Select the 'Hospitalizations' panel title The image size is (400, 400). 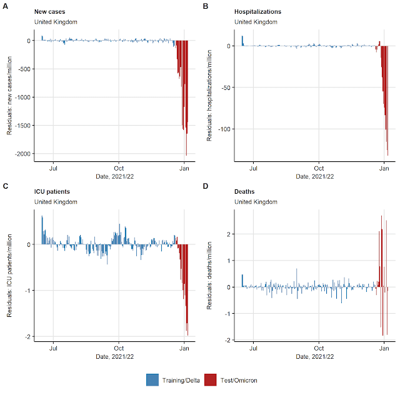(x=257, y=11)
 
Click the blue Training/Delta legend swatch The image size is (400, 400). (x=152, y=379)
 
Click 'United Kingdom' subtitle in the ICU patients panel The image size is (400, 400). (x=56, y=202)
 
